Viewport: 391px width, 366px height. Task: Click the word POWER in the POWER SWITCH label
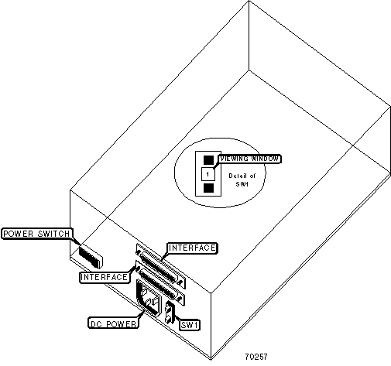pos(19,234)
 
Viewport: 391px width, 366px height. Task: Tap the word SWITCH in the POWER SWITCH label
pos(54,234)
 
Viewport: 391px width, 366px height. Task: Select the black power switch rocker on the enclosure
pos(91,257)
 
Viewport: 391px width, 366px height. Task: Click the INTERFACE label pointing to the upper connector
pos(192,248)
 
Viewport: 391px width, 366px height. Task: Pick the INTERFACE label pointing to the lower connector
pos(105,278)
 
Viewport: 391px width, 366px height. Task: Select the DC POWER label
pos(113,323)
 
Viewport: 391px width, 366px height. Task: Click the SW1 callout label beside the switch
pos(190,325)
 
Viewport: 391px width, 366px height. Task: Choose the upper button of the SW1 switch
pos(169,307)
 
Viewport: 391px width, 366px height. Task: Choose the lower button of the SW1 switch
pos(169,319)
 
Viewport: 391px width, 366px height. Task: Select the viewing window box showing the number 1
pos(208,174)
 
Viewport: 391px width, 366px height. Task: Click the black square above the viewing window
pos(208,160)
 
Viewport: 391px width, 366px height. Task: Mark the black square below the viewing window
pos(208,188)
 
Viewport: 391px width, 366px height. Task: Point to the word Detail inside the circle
pos(236,176)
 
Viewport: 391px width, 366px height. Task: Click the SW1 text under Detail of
pos(242,184)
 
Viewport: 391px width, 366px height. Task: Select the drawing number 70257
pos(256,357)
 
